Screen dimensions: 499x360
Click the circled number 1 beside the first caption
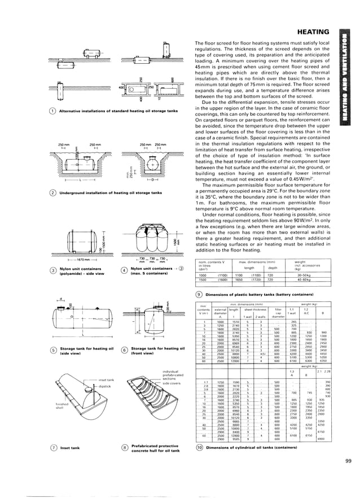coord(52,111)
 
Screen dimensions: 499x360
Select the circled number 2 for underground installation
coord(52,193)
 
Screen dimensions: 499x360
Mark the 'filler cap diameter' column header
coord(278,313)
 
